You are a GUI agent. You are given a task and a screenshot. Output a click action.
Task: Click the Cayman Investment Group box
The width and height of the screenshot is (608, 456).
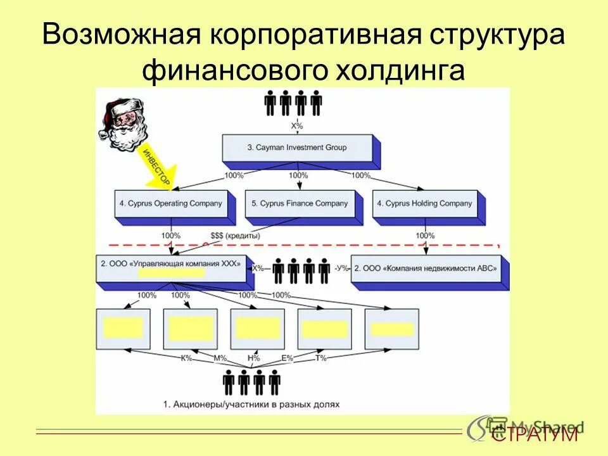pos(297,148)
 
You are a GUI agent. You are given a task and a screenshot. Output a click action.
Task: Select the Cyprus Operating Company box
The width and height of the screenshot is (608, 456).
pos(170,204)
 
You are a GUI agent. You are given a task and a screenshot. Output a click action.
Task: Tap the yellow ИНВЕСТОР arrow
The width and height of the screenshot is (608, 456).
pos(157,166)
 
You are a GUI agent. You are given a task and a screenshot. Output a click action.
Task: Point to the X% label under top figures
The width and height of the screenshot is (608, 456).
pos(297,126)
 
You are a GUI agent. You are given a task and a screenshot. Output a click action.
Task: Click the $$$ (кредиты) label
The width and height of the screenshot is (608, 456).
pos(235,236)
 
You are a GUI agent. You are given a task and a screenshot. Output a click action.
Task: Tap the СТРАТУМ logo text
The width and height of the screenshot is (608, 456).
pos(535,434)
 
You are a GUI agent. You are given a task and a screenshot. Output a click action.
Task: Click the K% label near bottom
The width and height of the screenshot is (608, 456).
pos(187,358)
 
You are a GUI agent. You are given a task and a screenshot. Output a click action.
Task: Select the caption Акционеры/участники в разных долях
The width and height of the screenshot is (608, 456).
pos(251,403)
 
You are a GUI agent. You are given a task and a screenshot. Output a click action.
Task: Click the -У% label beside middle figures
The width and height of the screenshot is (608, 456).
pos(342,269)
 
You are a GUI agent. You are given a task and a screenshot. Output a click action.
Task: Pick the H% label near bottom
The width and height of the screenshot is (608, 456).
pos(254,358)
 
